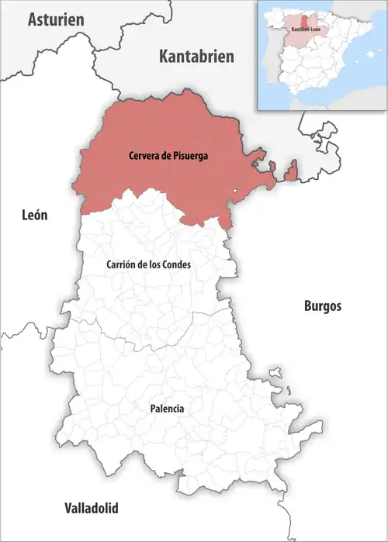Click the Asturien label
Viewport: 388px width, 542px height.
55,20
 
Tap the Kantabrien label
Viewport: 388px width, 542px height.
196,56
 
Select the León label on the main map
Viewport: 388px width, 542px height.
35,216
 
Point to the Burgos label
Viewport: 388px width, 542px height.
321,306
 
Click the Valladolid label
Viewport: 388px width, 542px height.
91,509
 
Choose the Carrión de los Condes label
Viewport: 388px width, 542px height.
148,264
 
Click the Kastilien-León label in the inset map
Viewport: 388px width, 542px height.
304,29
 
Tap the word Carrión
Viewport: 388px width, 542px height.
121,264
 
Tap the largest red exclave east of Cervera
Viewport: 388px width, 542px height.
291,171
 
